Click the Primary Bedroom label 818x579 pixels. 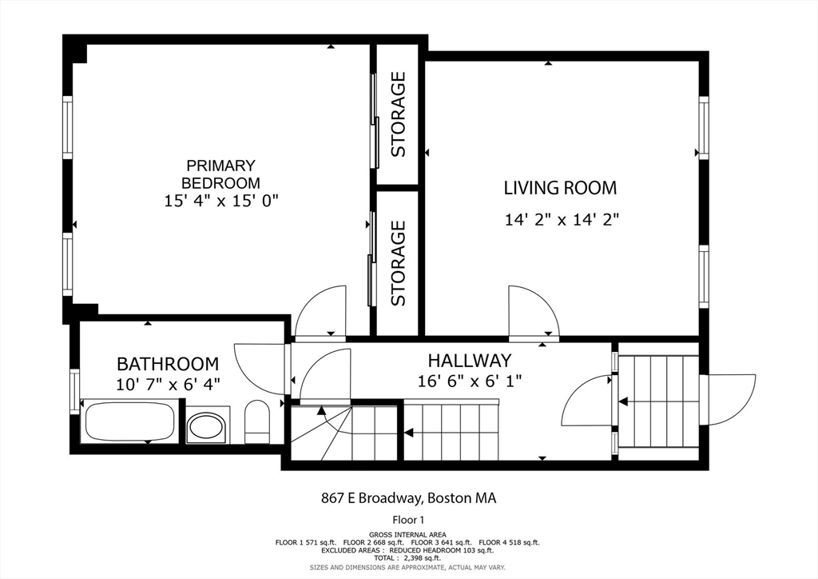point(220,174)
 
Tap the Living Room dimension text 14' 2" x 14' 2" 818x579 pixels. point(562,220)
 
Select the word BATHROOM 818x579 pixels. point(168,363)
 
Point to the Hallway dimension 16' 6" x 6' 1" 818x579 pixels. point(470,381)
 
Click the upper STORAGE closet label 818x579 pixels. point(398,114)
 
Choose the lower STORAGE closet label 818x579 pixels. point(398,263)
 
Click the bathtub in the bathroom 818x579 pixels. point(130,421)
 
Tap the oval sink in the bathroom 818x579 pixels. point(207,425)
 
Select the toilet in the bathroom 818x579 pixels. point(256,421)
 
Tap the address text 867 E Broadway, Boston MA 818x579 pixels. point(408,498)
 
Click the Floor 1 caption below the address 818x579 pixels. point(408,520)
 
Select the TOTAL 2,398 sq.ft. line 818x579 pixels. point(407,558)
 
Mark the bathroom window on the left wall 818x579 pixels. point(74,392)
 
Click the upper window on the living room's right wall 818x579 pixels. point(704,127)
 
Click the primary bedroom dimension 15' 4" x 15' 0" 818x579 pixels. point(221,201)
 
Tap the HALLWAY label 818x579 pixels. point(470,361)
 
